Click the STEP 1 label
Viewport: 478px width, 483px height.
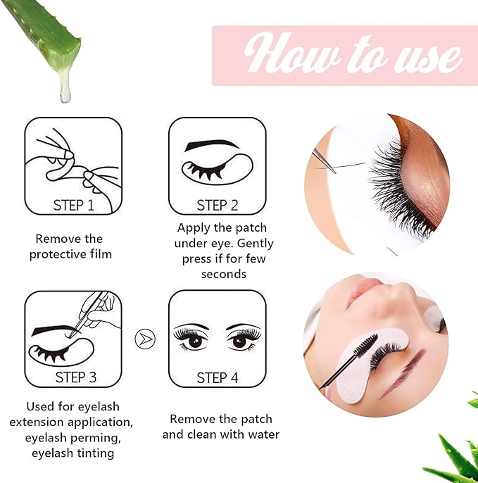73,205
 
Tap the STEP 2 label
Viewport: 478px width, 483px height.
217,205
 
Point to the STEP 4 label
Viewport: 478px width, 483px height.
217,378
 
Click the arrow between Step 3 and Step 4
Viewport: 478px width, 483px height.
144,339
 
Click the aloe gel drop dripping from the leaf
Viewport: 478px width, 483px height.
65,87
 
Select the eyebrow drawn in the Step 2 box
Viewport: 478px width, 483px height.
211,145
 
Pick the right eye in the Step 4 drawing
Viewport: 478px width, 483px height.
242,339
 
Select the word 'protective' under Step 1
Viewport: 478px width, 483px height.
57,254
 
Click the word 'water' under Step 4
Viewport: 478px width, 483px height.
260,434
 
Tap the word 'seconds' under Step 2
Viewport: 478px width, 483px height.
223,273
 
